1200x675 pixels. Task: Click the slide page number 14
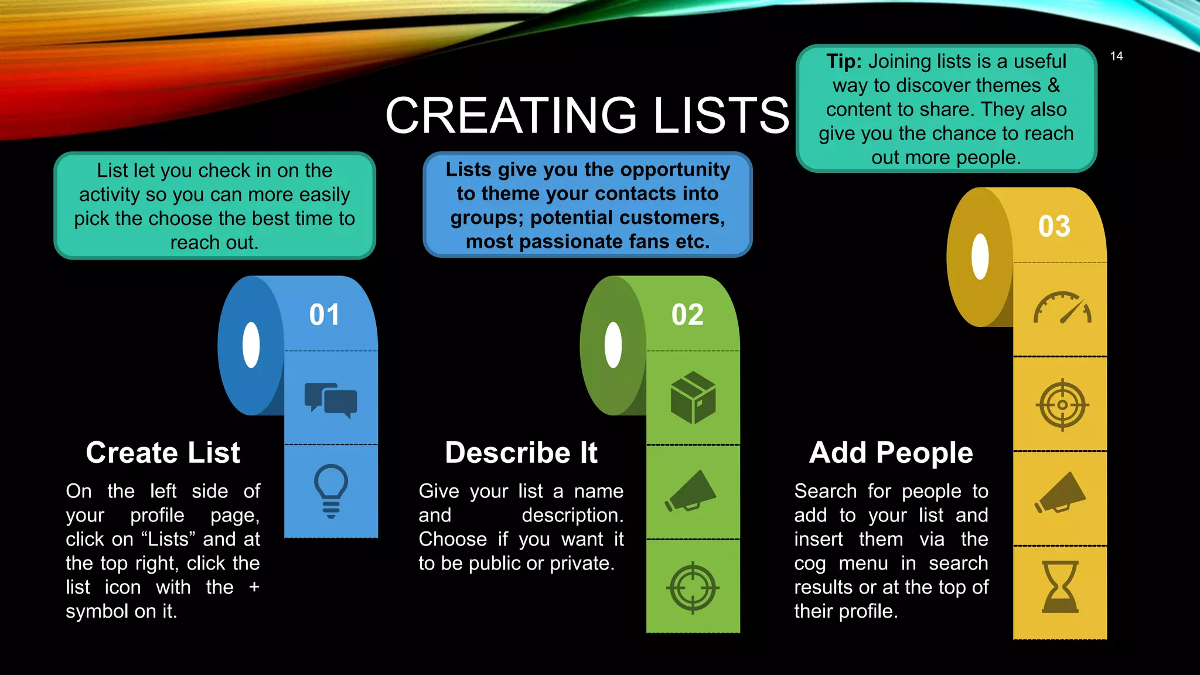[1116, 56]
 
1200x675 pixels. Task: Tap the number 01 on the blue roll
[324, 315]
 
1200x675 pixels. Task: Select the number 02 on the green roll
[687, 315]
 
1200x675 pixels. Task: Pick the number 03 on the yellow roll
[1054, 226]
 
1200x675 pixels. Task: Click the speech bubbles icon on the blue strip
[330, 400]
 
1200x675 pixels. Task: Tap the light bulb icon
[331, 491]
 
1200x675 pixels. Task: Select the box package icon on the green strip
[693, 397]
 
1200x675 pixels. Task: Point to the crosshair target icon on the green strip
[693, 587]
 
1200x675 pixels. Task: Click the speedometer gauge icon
[1062, 308]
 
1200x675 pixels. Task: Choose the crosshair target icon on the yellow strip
[1062, 405]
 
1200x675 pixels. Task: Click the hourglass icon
[1060, 587]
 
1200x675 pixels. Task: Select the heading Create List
[163, 453]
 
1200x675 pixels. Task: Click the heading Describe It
[521, 453]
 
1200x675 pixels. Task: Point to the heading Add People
[891, 453]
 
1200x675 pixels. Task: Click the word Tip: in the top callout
[844, 62]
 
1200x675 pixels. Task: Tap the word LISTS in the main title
[721, 115]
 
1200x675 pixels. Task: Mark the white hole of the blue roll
[251, 345]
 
